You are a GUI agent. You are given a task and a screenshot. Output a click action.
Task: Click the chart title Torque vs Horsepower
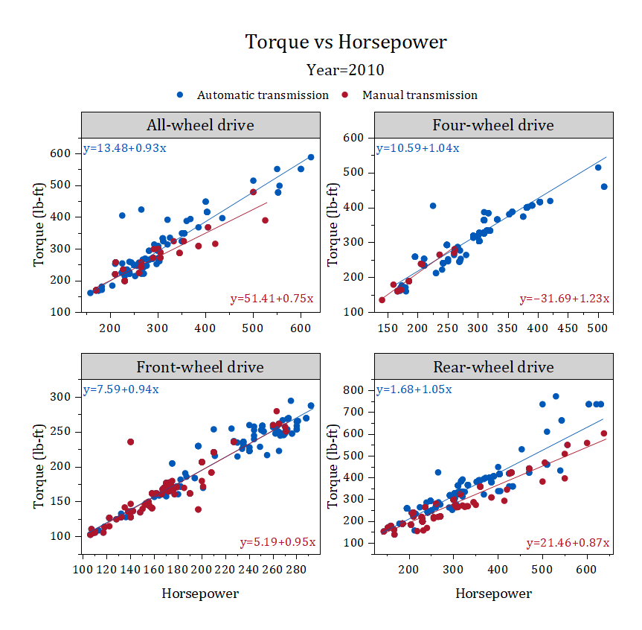tap(346, 42)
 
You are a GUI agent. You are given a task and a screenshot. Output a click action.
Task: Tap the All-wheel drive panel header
tap(200, 125)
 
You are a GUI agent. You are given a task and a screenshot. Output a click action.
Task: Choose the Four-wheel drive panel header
tap(493, 125)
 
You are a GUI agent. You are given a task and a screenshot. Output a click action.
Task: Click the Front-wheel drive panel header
tap(200, 367)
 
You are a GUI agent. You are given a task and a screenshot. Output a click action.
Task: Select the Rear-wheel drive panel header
tap(493, 367)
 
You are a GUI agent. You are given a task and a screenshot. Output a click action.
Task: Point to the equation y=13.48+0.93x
tap(124, 147)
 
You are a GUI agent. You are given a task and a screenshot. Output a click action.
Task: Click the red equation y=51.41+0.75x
tap(272, 299)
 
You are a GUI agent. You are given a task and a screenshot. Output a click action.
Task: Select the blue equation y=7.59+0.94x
tap(121, 389)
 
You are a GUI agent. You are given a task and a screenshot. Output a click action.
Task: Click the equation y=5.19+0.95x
tap(277, 542)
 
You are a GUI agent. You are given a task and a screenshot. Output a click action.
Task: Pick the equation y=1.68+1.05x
tap(414, 389)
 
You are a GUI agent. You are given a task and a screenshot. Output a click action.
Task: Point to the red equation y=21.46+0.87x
tap(567, 542)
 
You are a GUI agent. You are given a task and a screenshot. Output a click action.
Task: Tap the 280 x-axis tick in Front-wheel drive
tap(297, 570)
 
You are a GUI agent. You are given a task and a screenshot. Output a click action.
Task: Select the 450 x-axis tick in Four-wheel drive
tap(568, 328)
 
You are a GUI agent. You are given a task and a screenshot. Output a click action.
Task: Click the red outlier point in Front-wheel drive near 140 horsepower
tap(131, 442)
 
